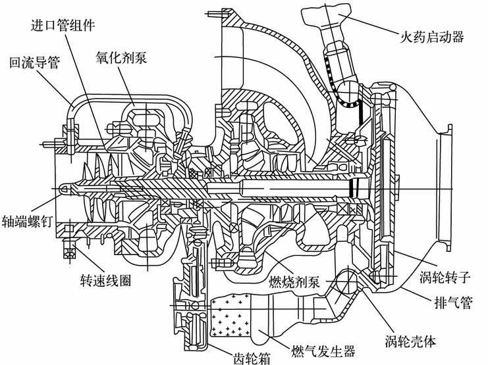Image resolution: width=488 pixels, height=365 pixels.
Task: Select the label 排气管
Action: tap(448, 304)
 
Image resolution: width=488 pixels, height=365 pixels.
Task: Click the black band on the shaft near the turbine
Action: tap(354, 188)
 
